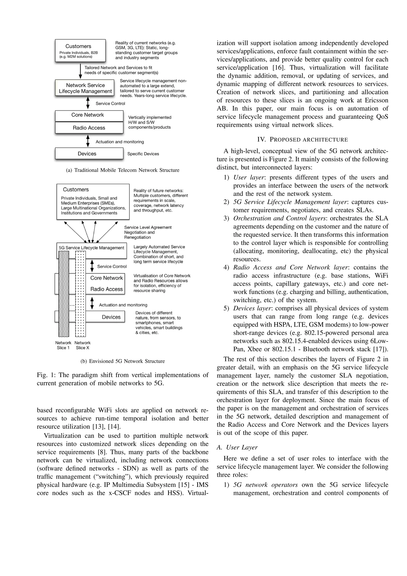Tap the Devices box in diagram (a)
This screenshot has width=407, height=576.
coord(89,154)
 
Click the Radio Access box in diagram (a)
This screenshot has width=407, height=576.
coord(89,128)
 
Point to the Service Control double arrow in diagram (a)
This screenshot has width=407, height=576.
coord(88,103)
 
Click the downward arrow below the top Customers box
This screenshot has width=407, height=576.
coord(80,71)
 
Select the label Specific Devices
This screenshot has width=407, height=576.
coord(143,154)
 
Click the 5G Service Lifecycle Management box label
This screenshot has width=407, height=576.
coord(91,248)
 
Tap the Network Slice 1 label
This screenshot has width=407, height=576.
coord(63,345)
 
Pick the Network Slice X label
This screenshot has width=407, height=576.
coord(82,345)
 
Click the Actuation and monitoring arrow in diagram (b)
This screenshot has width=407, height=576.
coord(92,303)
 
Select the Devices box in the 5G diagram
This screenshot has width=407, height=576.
coord(111,317)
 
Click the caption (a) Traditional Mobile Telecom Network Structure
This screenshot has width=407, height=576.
coord(123,170)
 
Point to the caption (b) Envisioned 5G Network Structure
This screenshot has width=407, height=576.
coord(123,361)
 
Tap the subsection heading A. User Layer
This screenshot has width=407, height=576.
coord(237,447)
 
